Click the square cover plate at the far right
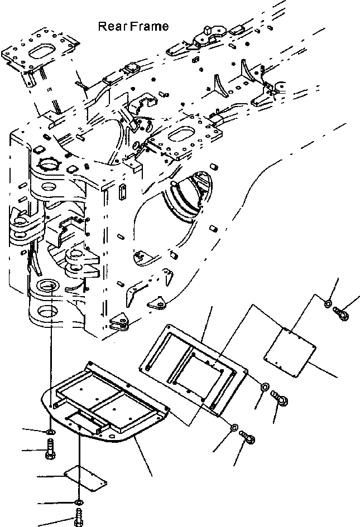pyautogui.click(x=290, y=350)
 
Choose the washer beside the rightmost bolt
pyautogui.click(x=327, y=303)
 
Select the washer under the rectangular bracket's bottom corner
pyautogui.click(x=234, y=427)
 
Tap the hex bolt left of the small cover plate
pyautogui.click(x=50, y=450)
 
